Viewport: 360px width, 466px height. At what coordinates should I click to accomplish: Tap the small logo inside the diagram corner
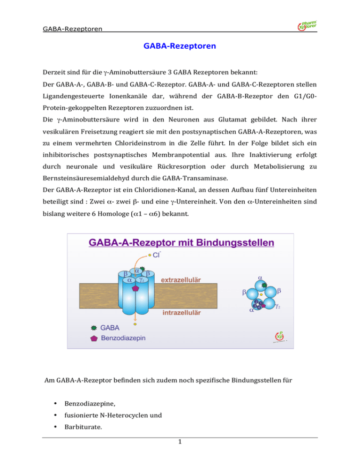pyautogui.click(x=279, y=337)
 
